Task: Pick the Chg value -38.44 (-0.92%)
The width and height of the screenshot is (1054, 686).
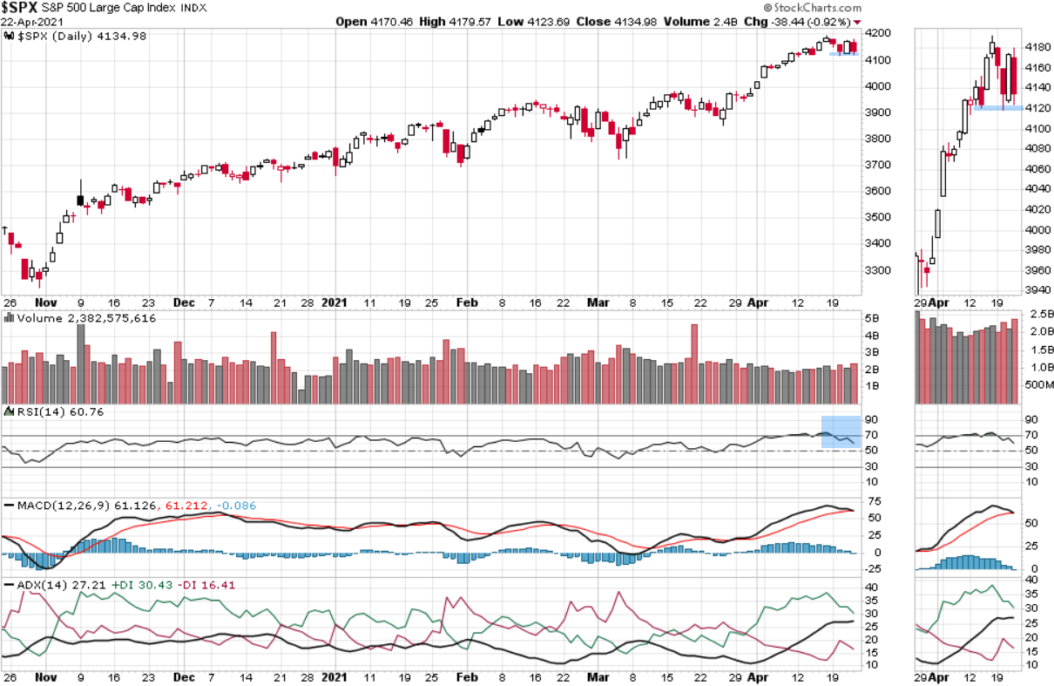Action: pyautogui.click(x=801, y=21)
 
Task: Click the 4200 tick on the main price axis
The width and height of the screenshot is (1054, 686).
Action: pyautogui.click(x=878, y=33)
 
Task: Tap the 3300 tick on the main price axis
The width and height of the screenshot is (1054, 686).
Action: pyautogui.click(x=878, y=269)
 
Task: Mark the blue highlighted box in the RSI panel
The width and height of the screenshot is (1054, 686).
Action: pyautogui.click(x=841, y=432)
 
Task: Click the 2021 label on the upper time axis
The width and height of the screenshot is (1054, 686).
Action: pyautogui.click(x=334, y=302)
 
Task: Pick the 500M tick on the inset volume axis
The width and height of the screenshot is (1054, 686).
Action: pyautogui.click(x=1040, y=385)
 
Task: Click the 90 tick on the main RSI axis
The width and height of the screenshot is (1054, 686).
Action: pyautogui.click(x=871, y=419)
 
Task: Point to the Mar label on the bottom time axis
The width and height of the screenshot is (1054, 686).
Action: pyautogui.click(x=598, y=676)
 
